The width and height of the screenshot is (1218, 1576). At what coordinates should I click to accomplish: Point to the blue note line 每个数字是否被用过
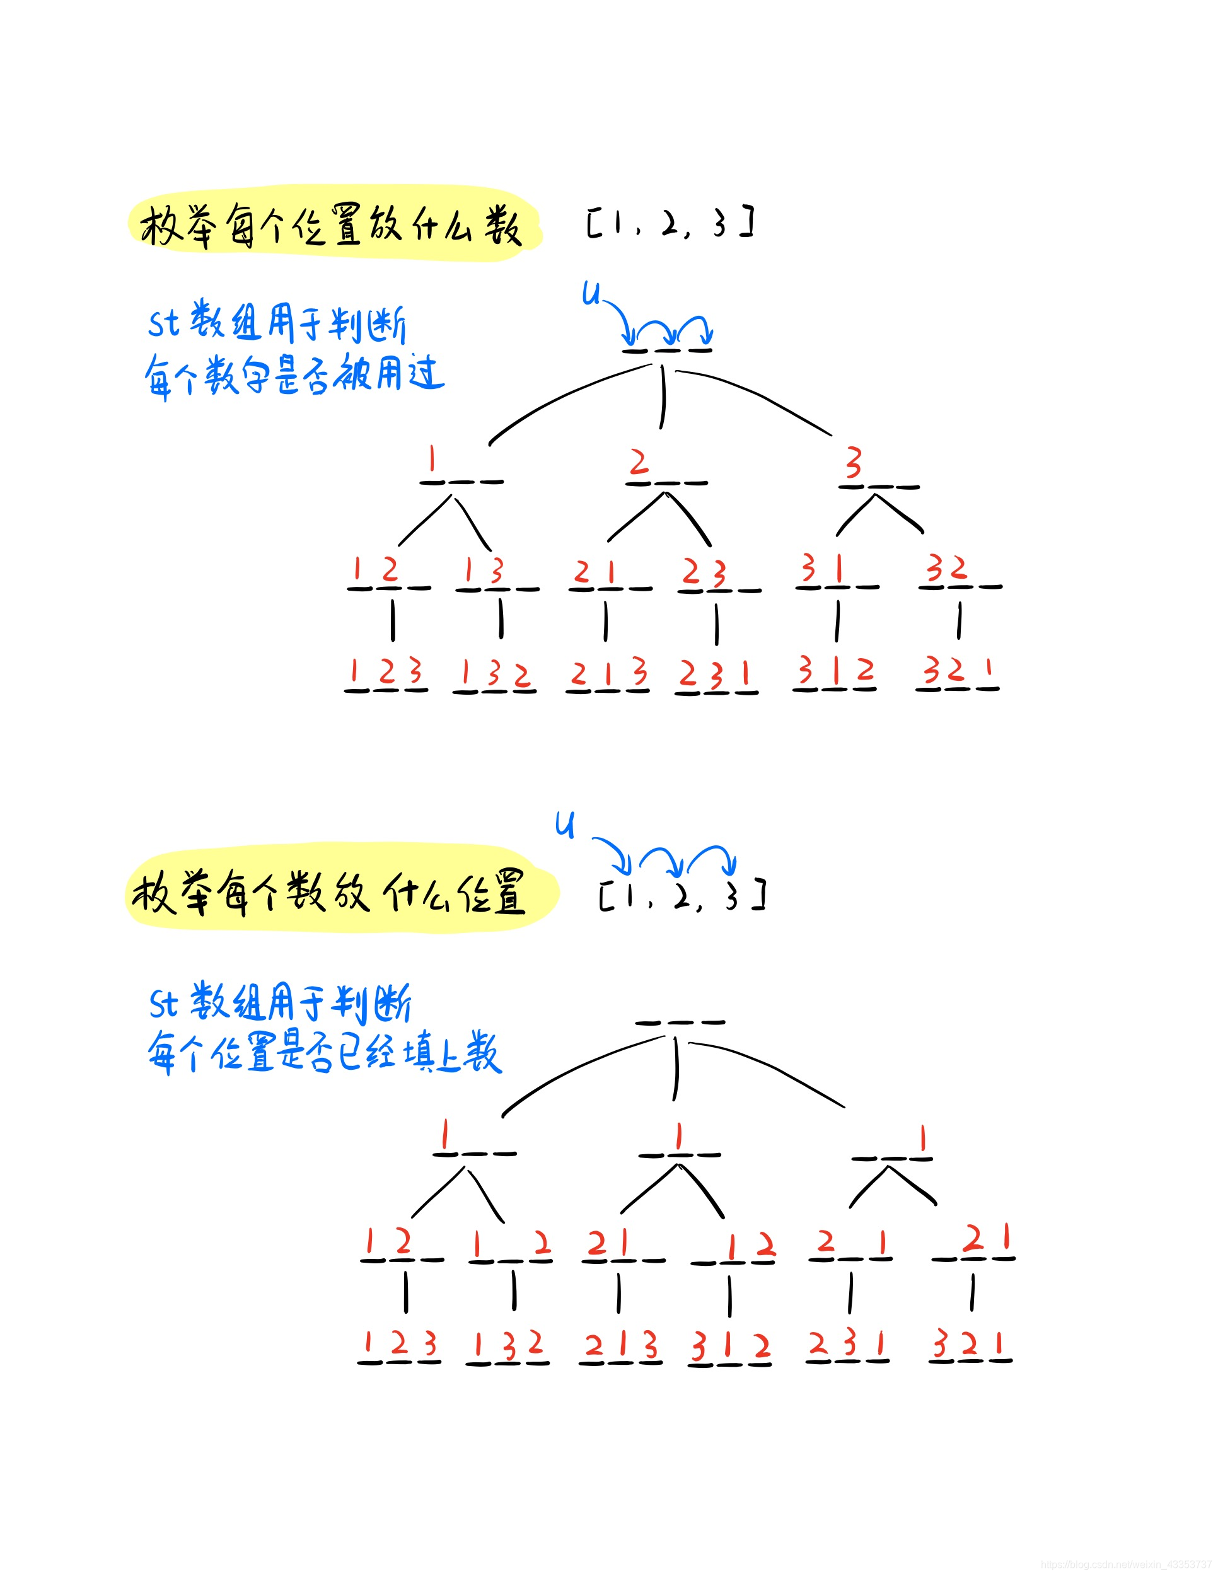pyautogui.click(x=294, y=375)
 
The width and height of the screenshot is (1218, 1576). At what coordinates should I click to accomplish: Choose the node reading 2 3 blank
pyautogui.click(x=719, y=577)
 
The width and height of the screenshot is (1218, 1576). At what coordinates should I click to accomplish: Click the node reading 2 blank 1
pyautogui.click(x=850, y=1246)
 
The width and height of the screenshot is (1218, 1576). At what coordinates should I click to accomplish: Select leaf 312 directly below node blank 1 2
pyautogui.click(x=730, y=1350)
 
